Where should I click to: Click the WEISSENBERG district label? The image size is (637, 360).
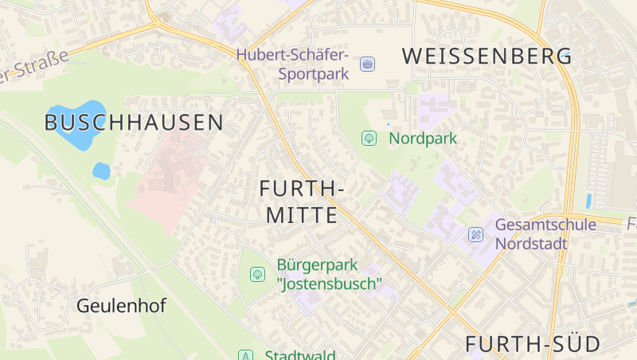point(487,56)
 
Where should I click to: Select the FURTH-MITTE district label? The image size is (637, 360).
point(302,202)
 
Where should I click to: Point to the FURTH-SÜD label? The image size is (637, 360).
point(533,344)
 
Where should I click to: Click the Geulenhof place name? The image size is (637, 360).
point(122,305)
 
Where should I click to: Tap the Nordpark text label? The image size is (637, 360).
point(423,139)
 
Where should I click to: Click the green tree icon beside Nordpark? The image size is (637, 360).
point(369,139)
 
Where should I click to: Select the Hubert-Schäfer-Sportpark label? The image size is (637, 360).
point(292,65)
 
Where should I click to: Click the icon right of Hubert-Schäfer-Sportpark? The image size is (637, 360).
point(367,64)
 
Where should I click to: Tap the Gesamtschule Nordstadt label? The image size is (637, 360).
point(545,234)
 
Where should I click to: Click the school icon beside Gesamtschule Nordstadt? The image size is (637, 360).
point(475,234)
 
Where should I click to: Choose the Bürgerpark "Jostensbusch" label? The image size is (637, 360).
point(329,274)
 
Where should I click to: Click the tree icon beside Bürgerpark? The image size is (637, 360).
point(257,274)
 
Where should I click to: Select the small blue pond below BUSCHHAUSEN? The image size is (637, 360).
point(101,170)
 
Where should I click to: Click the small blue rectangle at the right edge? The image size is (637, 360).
point(588,201)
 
